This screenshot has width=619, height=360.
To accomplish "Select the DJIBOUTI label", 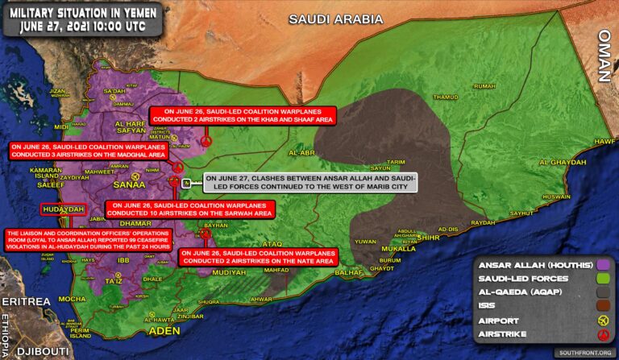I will (38, 350).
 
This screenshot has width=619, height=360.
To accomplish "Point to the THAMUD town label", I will (445, 97).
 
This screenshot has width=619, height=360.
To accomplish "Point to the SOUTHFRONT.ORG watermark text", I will (584, 352).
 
